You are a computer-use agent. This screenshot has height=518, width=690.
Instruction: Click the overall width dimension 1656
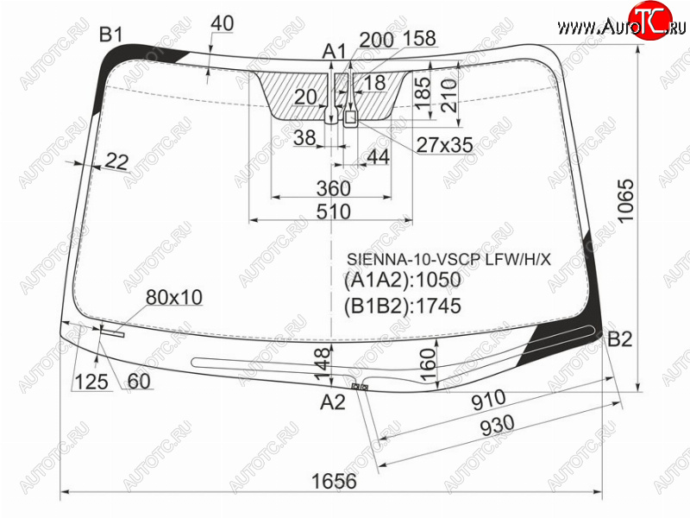(334, 481)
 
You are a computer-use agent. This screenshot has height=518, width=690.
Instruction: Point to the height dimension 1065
(624, 201)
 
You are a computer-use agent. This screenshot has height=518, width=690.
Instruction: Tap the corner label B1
(111, 35)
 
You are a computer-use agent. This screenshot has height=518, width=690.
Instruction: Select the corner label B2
(619, 339)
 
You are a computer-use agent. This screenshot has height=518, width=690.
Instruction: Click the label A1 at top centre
(335, 52)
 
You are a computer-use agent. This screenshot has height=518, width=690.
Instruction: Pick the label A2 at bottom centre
(333, 401)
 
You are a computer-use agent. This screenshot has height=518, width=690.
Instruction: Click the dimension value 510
(334, 212)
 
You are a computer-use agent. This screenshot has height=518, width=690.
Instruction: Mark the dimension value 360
(334, 188)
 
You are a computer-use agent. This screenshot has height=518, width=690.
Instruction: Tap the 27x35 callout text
(444, 144)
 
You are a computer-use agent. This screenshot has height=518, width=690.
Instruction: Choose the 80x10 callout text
(174, 298)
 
